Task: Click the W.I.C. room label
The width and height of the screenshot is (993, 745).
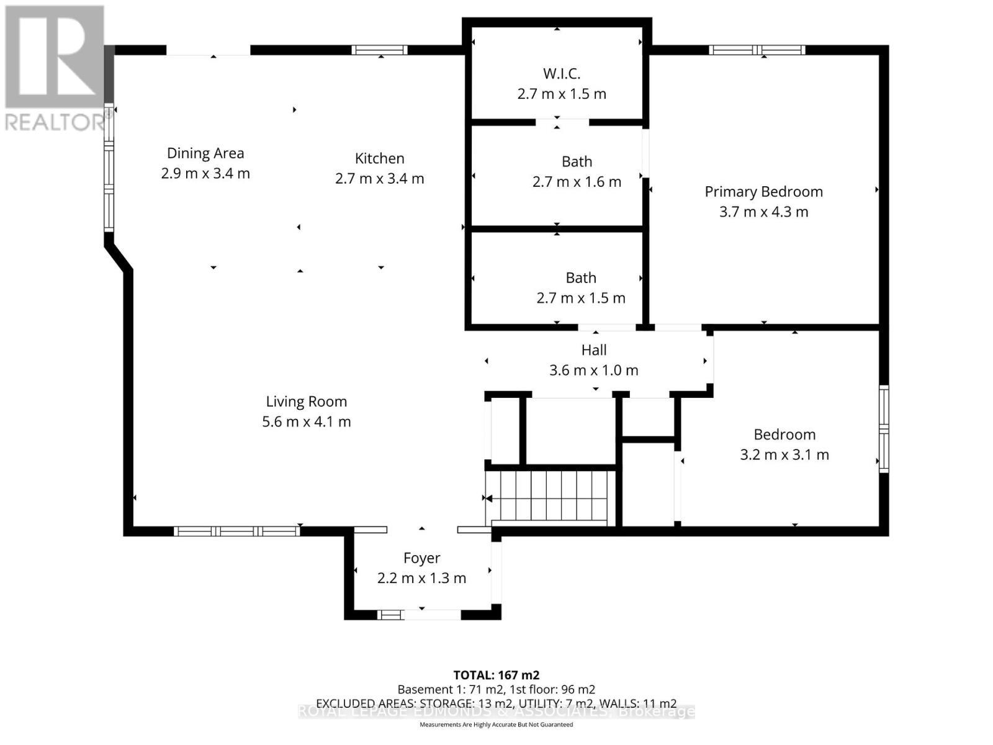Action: click(x=562, y=74)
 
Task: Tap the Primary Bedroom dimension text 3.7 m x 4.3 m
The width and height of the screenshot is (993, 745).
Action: click(x=763, y=212)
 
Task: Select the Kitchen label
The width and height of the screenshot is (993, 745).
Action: click(x=379, y=158)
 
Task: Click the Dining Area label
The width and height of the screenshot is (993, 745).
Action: click(x=205, y=153)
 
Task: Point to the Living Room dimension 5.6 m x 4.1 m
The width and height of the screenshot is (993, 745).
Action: click(x=306, y=422)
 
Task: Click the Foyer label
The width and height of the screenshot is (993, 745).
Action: click(x=421, y=558)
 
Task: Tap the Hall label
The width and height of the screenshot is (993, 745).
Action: click(x=593, y=350)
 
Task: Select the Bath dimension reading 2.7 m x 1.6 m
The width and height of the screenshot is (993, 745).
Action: click(x=576, y=182)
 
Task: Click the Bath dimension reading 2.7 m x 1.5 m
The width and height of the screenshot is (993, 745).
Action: click(x=580, y=298)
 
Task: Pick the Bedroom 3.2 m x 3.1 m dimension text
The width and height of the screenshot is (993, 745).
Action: click(x=784, y=454)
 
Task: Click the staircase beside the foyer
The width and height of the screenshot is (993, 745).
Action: click(x=549, y=497)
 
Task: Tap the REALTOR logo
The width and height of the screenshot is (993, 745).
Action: click(x=55, y=68)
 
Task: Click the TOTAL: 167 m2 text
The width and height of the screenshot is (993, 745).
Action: click(x=496, y=675)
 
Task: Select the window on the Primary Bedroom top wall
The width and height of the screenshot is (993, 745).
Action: click(x=757, y=50)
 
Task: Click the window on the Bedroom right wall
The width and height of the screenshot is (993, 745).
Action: click(x=883, y=428)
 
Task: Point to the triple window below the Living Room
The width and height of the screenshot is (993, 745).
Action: click(x=236, y=531)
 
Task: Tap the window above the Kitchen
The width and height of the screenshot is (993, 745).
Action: click(x=379, y=50)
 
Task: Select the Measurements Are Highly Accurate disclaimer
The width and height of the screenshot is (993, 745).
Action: click(x=496, y=725)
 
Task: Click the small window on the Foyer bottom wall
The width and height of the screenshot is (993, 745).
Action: click(x=390, y=615)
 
